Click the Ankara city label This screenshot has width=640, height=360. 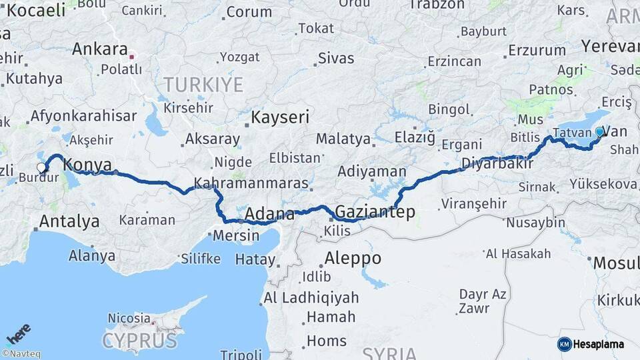click(99, 49)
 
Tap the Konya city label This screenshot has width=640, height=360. click(86, 165)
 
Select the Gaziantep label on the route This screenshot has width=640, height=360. click(375, 212)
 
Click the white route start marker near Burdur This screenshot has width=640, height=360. click(41, 168)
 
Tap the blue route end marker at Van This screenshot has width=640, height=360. click(599, 132)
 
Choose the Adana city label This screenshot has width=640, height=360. click(269, 214)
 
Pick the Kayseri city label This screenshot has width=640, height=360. click(280, 118)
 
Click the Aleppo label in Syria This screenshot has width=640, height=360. click(353, 258)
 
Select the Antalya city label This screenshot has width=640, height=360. click(69, 221)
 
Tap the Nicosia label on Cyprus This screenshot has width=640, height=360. click(129, 318)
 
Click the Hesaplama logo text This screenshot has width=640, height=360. click(599, 344)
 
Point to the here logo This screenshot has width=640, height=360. click(18, 333)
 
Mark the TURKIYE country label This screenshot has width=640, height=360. click(203, 85)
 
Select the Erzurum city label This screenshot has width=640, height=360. click(537, 50)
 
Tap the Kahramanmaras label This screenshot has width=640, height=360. click(251, 183)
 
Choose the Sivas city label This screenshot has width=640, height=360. click(335, 58)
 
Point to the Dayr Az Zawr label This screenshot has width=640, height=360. click(482, 301)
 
